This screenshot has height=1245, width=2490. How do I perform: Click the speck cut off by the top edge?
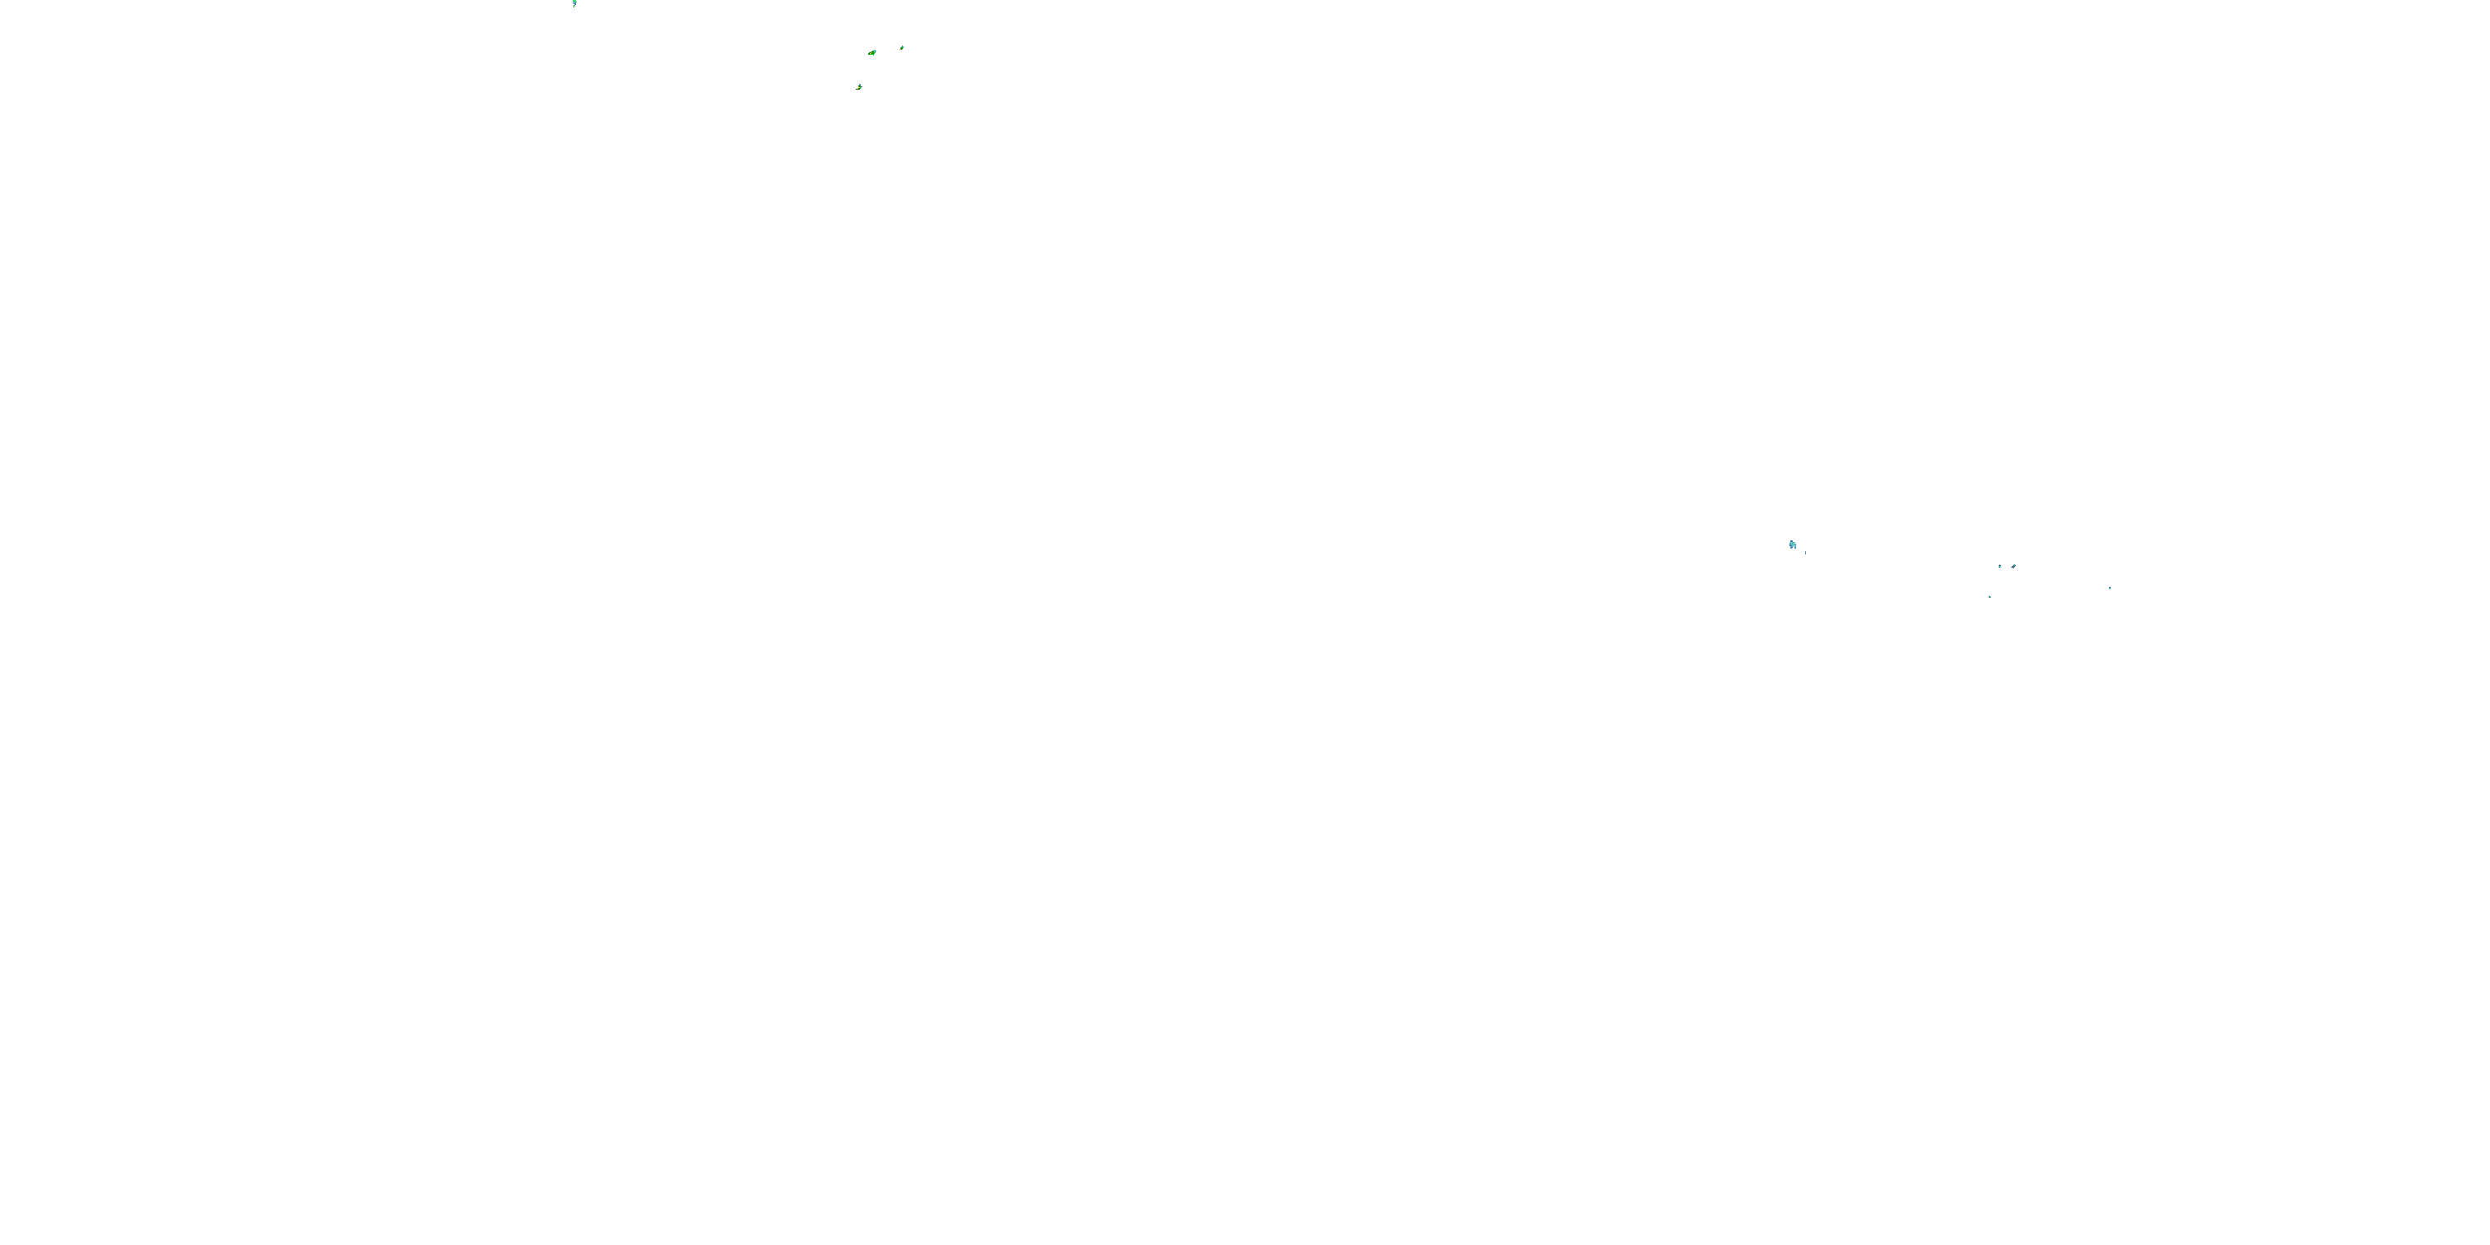[574, 2]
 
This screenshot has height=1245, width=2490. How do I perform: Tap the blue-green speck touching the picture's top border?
[574, 2]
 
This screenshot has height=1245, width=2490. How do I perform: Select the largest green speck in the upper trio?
[873, 53]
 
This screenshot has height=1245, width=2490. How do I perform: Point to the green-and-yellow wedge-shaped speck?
[873, 53]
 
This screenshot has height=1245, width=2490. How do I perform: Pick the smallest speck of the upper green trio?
[902, 47]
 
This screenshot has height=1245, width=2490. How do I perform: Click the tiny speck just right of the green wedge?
[902, 47]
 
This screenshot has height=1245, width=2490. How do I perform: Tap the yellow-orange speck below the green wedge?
[859, 87]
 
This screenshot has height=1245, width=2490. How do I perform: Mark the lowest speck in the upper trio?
[859, 87]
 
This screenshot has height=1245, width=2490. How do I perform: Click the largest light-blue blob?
[1792, 545]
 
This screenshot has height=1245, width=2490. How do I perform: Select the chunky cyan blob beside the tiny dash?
[1792, 545]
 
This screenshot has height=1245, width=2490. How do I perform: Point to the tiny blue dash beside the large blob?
[1804, 552]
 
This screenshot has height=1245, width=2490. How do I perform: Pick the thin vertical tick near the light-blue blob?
[1804, 552]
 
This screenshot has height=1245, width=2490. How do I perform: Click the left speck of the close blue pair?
[1999, 566]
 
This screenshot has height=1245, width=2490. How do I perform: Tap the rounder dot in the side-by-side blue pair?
[1999, 566]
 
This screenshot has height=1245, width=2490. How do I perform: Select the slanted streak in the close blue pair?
[2014, 566]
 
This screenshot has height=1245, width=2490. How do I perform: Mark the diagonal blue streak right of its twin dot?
[2014, 566]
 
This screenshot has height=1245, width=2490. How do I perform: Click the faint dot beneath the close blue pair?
[1990, 597]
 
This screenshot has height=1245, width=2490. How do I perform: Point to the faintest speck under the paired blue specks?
[1990, 597]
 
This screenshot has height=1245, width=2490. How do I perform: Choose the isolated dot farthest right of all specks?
[2109, 588]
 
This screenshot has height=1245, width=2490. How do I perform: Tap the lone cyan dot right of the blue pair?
[2109, 588]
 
